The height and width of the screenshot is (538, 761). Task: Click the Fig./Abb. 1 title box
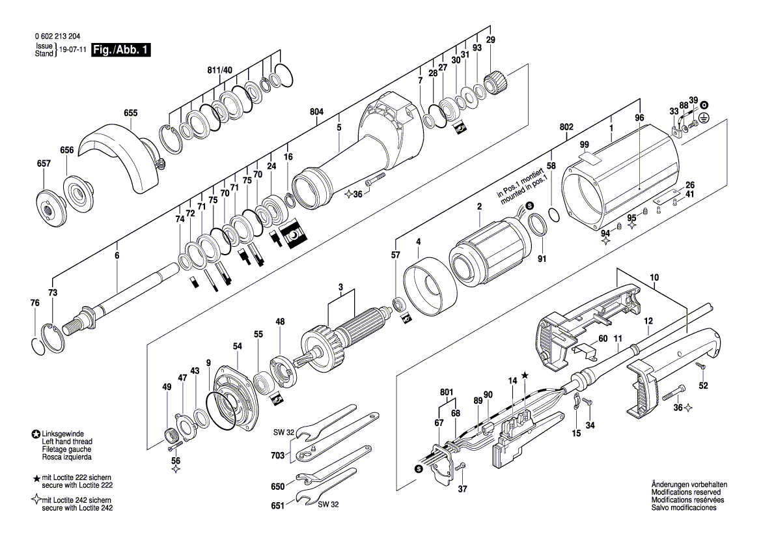click(x=121, y=50)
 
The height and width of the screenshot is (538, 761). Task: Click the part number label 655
click(x=131, y=113)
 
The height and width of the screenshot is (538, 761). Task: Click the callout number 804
click(x=316, y=112)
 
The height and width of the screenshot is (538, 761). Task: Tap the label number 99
click(x=585, y=145)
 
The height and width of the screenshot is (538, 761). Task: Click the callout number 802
click(x=566, y=127)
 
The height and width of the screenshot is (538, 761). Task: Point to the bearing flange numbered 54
click(x=235, y=397)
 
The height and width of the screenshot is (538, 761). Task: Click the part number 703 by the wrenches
click(x=277, y=455)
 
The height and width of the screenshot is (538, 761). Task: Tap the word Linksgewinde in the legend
click(x=63, y=434)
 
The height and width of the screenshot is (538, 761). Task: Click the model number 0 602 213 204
click(x=57, y=36)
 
